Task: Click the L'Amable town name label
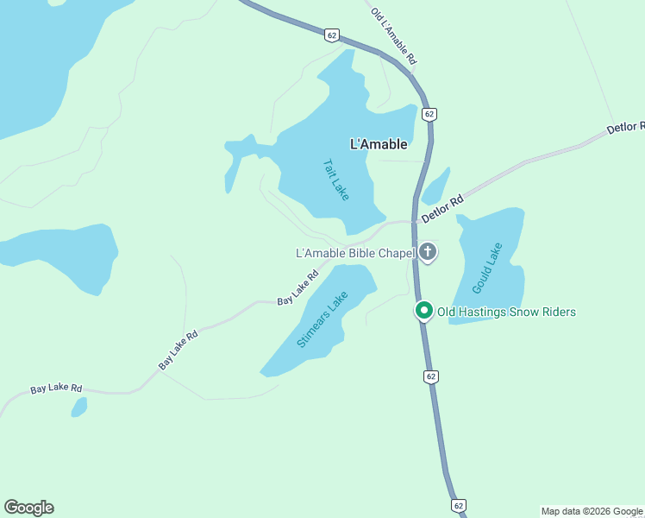coord(379,145)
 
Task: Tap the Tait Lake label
coord(335,180)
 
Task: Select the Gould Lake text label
coord(487,268)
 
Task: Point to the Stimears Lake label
coord(322,319)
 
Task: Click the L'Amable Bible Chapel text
coord(354,253)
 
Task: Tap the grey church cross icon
coord(428,252)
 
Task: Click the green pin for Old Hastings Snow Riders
coord(423,311)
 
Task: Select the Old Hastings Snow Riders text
coord(506,312)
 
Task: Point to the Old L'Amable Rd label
coord(393,36)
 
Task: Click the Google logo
coord(28,508)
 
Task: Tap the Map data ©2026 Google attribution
coord(592,511)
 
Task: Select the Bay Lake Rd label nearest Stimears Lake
coord(297,288)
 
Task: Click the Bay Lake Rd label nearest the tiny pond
coord(56,389)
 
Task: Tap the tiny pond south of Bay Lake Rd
coord(78,407)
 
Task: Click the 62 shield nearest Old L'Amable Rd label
coord(332,35)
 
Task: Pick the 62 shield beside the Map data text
coord(459,505)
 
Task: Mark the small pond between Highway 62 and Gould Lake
coord(435,186)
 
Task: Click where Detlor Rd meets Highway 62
coord(416,221)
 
